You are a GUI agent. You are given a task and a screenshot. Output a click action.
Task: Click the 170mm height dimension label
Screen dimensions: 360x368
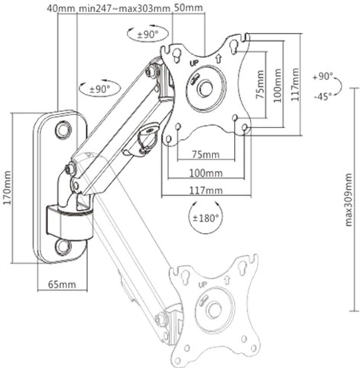coord(7,188)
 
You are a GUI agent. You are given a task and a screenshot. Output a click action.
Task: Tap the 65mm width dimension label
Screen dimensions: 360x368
coord(62,284)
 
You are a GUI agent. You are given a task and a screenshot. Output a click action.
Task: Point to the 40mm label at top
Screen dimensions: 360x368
coord(61,8)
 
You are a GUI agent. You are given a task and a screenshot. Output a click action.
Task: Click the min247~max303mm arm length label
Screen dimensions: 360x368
coord(124,8)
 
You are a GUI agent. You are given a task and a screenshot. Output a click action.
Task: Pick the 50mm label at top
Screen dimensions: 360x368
coord(188,8)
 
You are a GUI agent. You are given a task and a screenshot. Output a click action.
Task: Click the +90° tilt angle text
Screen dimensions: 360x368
coord(323,76)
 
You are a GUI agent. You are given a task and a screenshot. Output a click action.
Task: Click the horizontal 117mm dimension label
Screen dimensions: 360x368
coord(206,190)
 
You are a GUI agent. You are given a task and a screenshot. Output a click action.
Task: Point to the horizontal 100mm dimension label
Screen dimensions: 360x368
coord(206,173)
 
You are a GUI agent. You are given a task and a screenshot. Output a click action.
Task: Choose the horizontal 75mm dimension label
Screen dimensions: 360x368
coord(206,154)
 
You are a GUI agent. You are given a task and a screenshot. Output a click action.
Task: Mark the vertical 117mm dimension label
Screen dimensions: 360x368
coord(295,85)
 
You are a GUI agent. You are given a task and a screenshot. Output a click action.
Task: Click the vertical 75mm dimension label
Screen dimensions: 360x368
coord(260,85)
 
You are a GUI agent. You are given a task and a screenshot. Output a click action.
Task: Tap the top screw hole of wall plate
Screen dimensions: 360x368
coord(63,130)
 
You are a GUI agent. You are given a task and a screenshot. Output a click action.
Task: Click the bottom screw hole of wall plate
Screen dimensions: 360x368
coord(63,246)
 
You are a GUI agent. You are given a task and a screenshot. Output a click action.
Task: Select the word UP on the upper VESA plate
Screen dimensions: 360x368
coord(195,63)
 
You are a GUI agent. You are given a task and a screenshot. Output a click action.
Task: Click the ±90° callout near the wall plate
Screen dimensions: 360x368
coord(99,89)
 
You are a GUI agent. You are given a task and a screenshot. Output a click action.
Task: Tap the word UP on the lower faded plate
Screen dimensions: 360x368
coord(203,284)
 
